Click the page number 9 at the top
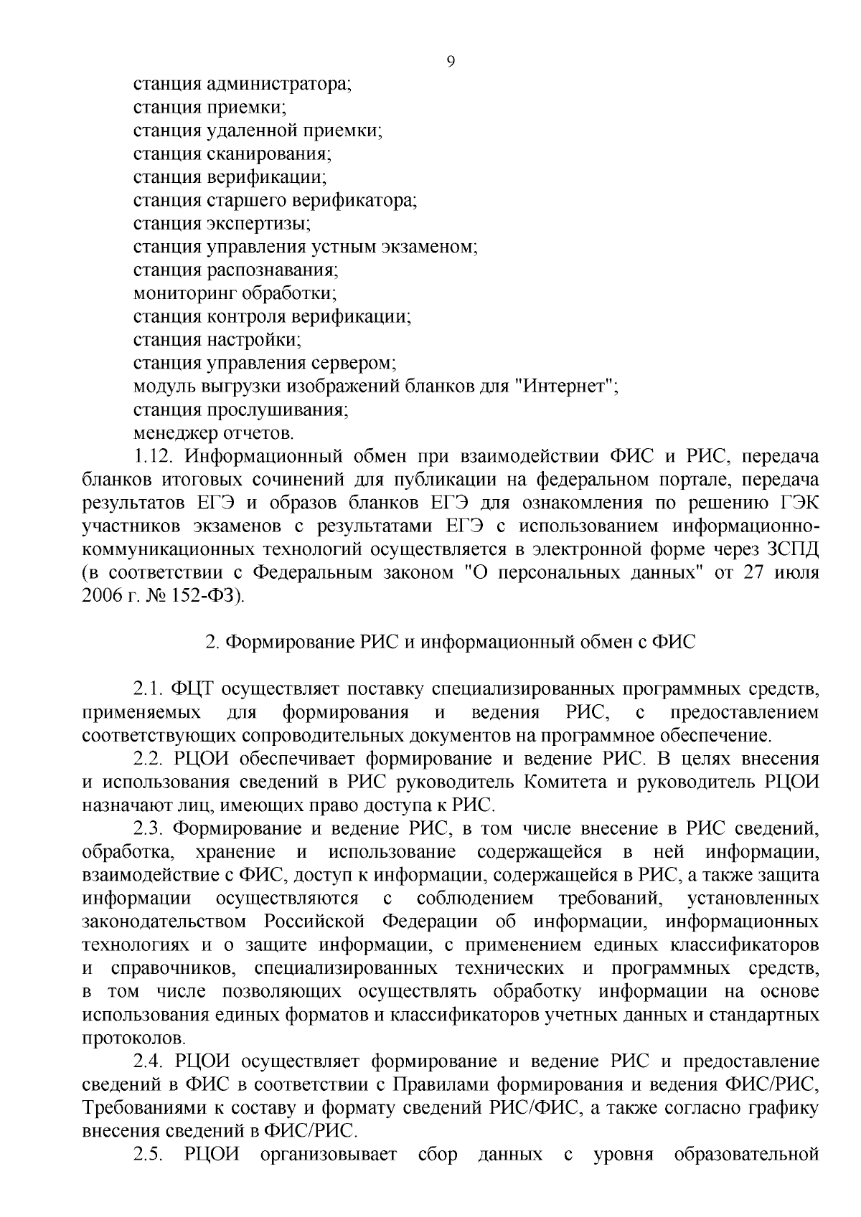450,62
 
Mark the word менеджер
171,433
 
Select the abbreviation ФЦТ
194,689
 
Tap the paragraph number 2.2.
151,759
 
